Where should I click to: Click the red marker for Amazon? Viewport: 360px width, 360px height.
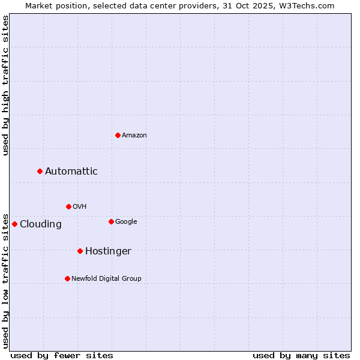click(118, 135)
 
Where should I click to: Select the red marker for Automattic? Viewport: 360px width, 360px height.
click(40, 171)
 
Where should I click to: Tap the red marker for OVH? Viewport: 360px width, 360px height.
click(68, 206)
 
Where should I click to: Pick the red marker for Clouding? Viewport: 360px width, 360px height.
click(15, 224)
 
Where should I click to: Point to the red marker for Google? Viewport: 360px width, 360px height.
click(111, 221)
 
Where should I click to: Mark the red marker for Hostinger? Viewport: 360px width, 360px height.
click(80, 251)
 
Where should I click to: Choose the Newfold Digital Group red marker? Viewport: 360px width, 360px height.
click(67, 278)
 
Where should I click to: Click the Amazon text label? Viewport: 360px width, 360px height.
click(134, 136)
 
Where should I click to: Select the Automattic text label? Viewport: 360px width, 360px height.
click(71, 172)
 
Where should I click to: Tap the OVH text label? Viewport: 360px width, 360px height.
click(80, 207)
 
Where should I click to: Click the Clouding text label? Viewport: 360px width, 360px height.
click(41, 224)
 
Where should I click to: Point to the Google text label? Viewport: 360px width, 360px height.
click(126, 222)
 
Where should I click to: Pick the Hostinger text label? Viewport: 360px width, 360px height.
click(108, 251)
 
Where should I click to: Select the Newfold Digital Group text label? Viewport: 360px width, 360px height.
click(106, 279)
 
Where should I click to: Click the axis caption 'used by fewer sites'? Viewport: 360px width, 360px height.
click(62, 355)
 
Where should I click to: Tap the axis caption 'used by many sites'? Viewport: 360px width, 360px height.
click(301, 355)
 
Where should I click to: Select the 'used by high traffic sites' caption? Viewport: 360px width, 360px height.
click(6, 85)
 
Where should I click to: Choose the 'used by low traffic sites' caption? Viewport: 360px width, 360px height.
click(6, 280)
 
